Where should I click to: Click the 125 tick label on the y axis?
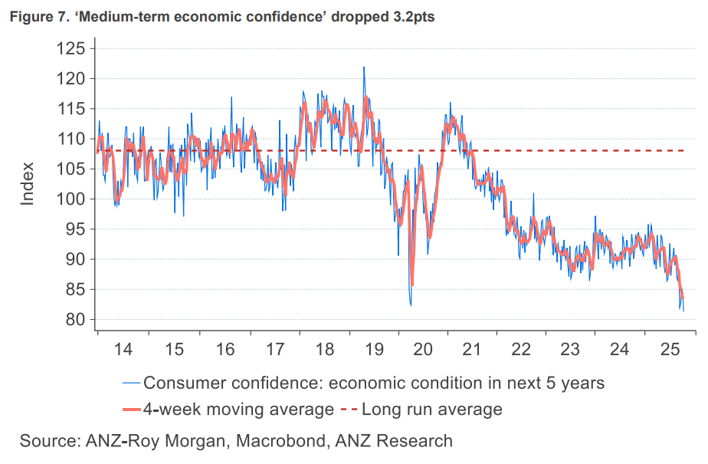coord(70,48)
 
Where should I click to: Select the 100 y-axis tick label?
coord(70,199)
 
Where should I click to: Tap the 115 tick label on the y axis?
coord(70,109)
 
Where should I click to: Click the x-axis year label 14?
coord(123,349)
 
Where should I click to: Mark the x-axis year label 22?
coord(521,349)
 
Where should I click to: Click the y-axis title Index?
coord(28,184)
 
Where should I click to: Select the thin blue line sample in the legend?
coord(131,382)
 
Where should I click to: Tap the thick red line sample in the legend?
coord(131,409)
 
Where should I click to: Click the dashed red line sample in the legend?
coord(349,409)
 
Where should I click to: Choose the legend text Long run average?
coord(431,409)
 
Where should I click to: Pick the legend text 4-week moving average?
coord(239,409)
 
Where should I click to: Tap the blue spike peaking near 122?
coord(363,67)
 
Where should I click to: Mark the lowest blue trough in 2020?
coord(411,305)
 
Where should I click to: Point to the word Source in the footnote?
coord(48,441)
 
